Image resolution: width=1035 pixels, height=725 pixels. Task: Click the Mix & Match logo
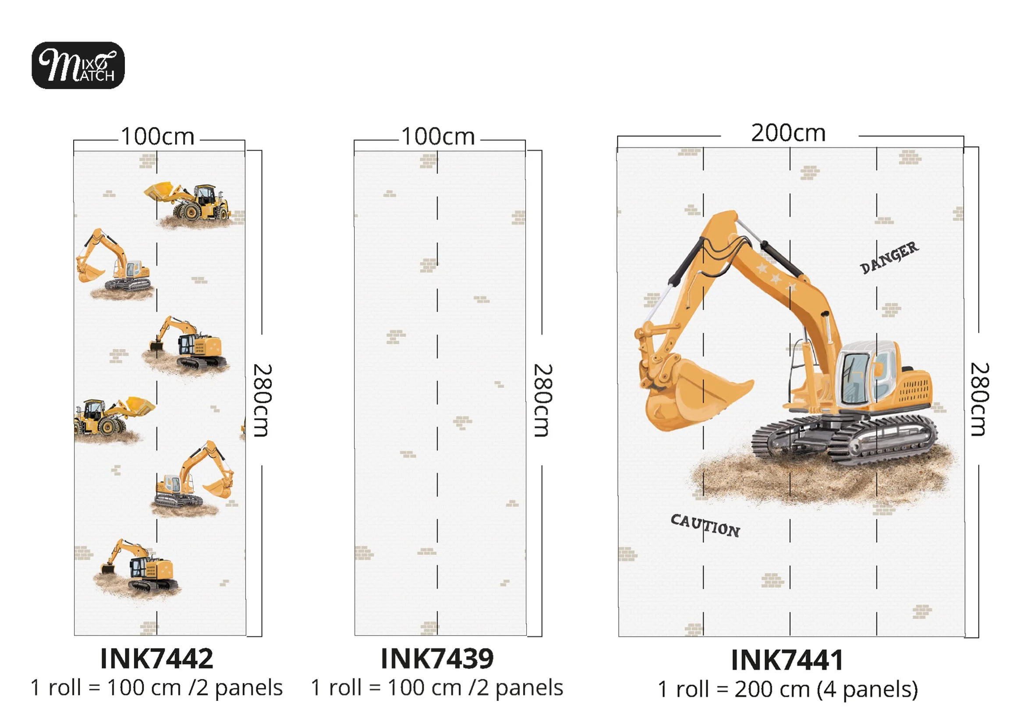click(78, 65)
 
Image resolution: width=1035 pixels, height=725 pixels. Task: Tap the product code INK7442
click(156, 659)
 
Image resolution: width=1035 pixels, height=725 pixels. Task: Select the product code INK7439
click(437, 659)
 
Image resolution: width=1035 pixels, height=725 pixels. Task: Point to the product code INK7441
click(787, 661)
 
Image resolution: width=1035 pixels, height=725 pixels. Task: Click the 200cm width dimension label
click(788, 133)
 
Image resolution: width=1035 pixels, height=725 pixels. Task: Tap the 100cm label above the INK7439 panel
click(438, 136)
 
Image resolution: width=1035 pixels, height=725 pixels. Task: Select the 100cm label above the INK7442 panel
click(158, 136)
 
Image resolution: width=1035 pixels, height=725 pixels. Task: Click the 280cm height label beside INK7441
click(980, 399)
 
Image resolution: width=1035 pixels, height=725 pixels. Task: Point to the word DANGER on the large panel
click(889, 257)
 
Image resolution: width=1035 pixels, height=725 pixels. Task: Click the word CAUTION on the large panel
click(705, 526)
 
